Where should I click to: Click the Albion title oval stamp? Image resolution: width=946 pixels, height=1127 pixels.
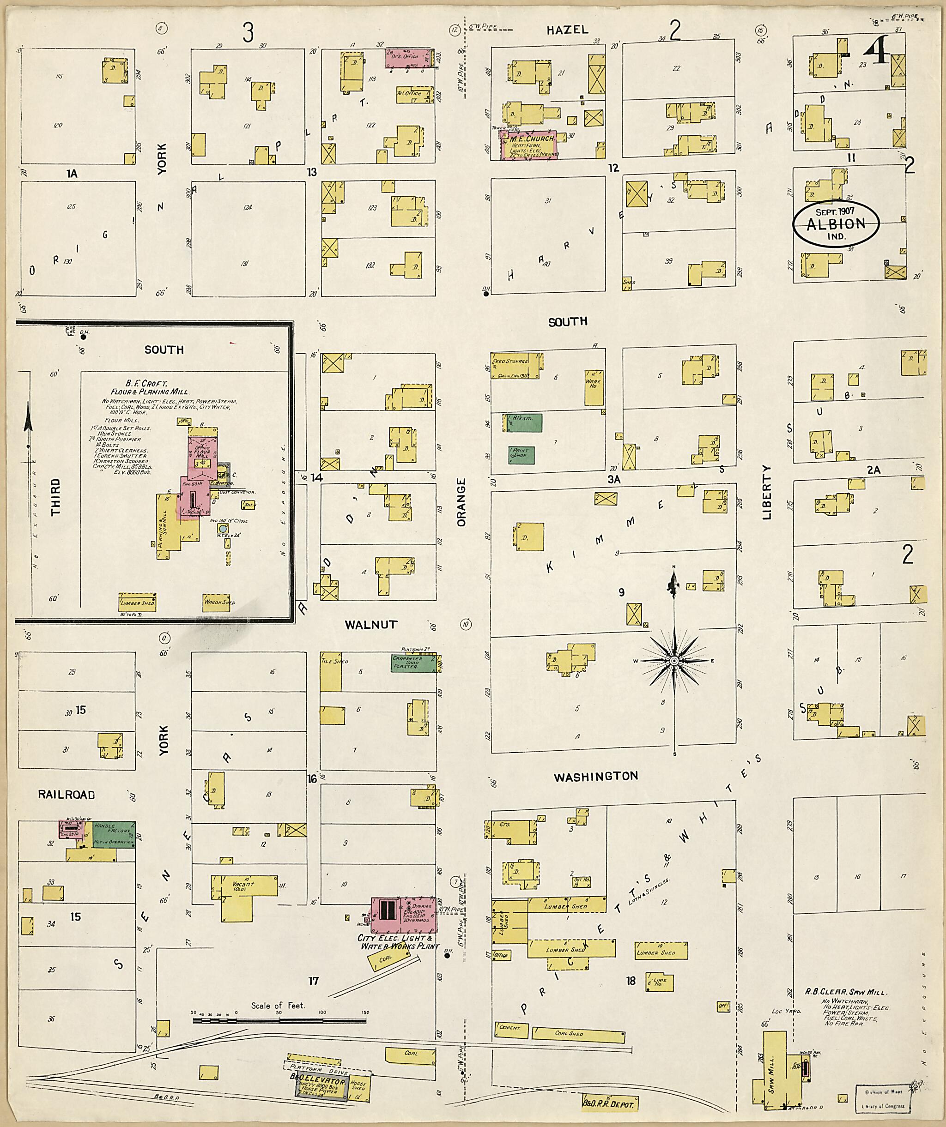(836, 224)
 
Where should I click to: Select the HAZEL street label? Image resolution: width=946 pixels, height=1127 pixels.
(568, 30)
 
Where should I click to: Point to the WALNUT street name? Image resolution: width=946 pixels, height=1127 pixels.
(371, 625)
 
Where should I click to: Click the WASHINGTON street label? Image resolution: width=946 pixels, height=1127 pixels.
(596, 776)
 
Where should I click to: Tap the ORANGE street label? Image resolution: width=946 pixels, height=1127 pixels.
(462, 502)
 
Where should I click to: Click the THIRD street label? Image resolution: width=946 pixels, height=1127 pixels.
(55, 498)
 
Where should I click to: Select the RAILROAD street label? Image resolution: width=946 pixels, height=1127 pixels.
(67, 795)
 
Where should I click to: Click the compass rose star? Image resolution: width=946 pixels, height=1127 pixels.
(674, 661)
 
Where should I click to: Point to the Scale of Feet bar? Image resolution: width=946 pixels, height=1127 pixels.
(279, 1018)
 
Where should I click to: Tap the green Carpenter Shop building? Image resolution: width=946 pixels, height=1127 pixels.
(412, 663)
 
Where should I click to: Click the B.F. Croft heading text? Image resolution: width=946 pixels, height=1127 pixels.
(146, 384)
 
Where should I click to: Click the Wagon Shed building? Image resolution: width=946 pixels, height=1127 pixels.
(218, 602)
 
